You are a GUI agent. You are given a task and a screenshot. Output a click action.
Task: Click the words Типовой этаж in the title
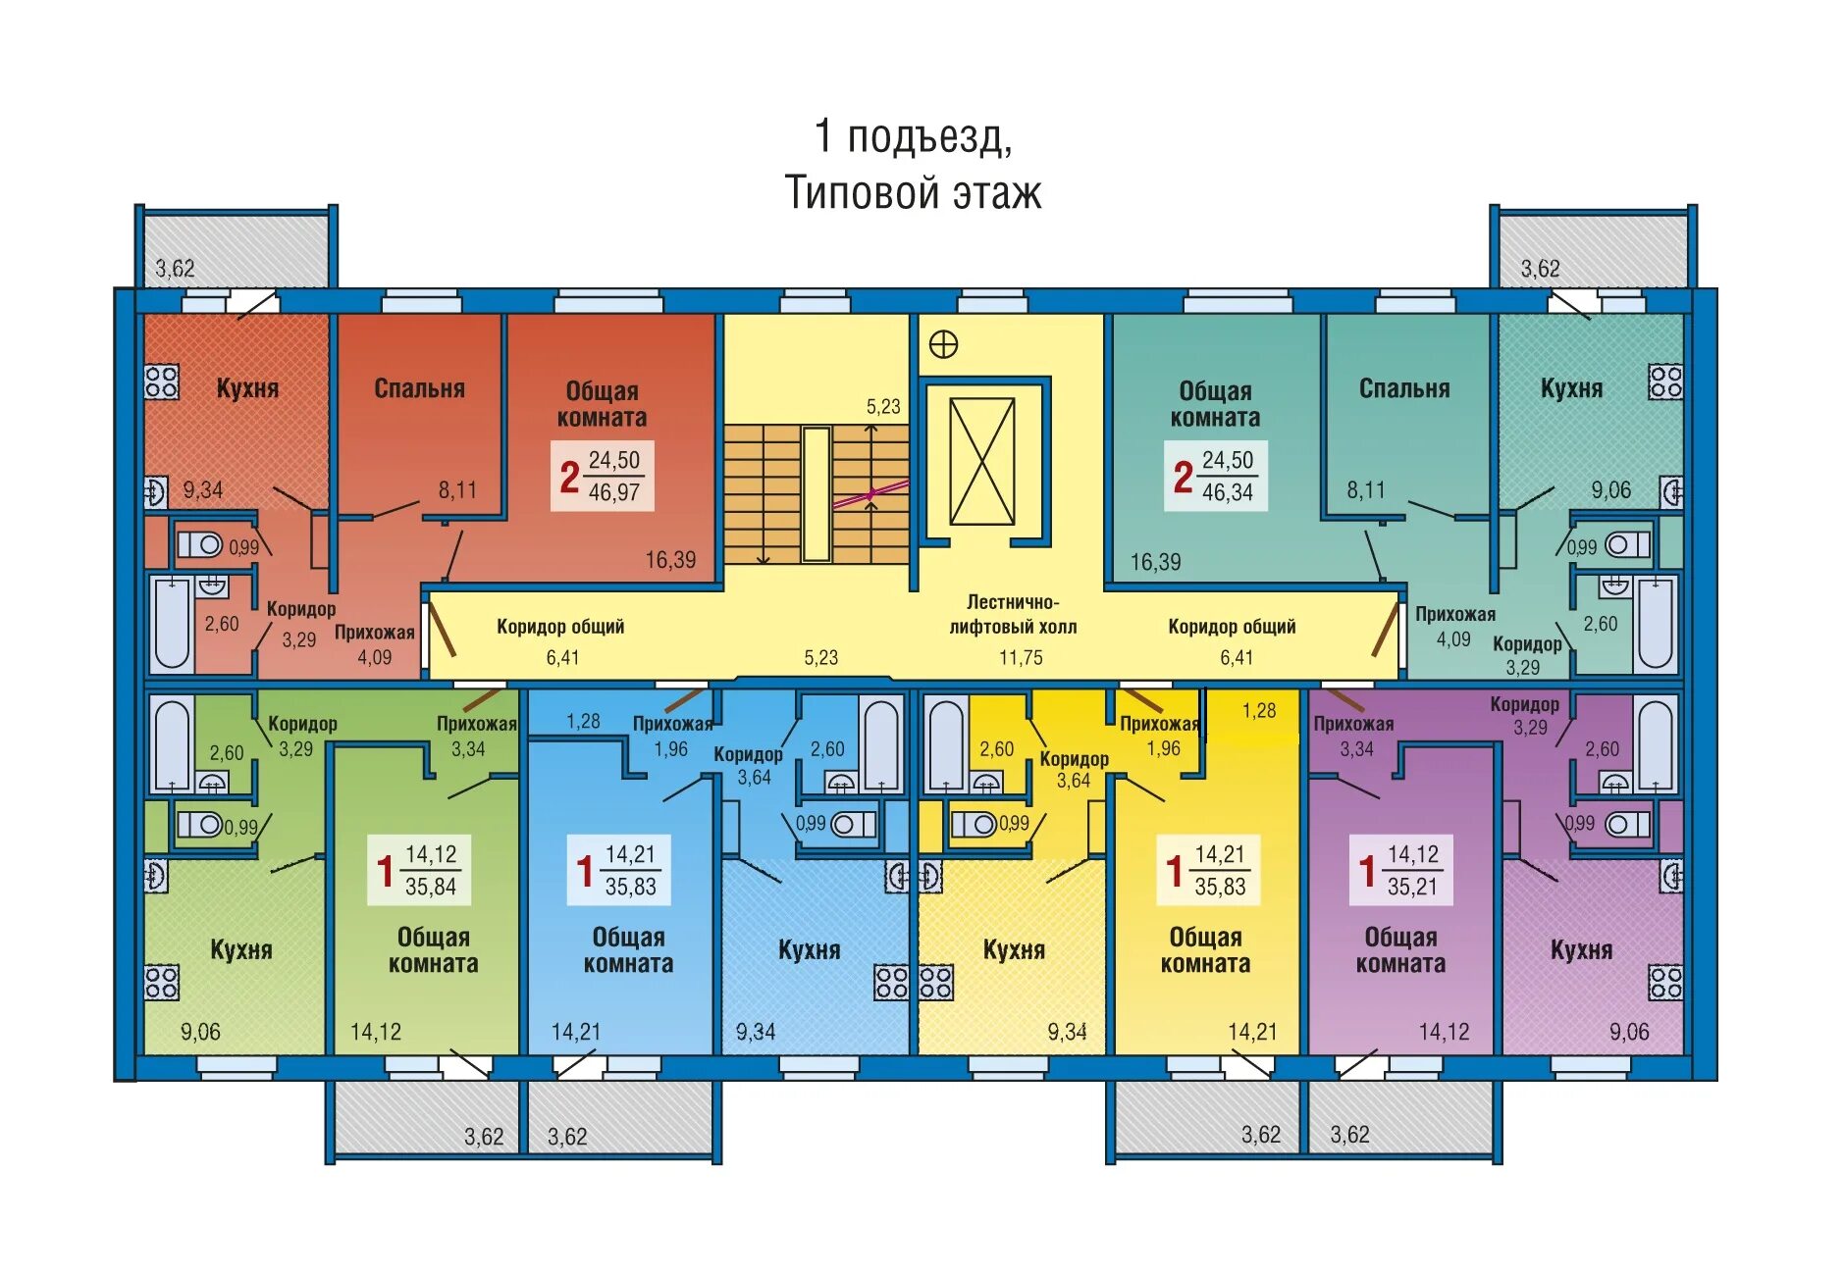tap(913, 192)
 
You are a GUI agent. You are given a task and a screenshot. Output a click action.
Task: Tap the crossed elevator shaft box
tap(981, 461)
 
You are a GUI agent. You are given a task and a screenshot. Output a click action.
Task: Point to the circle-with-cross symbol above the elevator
tap(943, 345)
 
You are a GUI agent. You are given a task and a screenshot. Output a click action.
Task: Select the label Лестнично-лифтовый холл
tap(1013, 614)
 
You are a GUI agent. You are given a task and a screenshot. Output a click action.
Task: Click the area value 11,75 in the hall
tap(1021, 658)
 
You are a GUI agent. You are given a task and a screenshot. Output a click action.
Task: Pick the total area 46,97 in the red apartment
tap(614, 492)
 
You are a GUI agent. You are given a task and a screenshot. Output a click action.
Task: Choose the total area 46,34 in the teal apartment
tap(1228, 492)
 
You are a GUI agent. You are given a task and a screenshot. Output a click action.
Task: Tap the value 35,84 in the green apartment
tap(431, 887)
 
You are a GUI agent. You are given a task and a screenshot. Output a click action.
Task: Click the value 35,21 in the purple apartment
tap(1412, 887)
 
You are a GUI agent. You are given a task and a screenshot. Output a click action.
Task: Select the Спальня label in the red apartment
tap(419, 388)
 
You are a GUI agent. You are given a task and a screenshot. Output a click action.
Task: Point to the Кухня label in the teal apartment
tap(1571, 388)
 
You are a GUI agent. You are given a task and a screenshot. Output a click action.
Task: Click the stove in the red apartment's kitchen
tap(161, 382)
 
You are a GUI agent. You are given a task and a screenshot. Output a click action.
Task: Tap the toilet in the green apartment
tap(200, 825)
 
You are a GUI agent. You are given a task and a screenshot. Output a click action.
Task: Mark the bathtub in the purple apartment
tap(1655, 742)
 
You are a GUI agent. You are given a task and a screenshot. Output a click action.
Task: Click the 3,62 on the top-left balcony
tap(175, 269)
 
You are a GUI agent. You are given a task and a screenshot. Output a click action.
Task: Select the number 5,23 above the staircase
tap(883, 406)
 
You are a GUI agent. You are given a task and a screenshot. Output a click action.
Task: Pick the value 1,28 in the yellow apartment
tap(1259, 710)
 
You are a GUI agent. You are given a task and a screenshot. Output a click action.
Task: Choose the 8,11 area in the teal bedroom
tap(1366, 489)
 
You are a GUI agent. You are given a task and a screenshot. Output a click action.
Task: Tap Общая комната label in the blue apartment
tap(628, 950)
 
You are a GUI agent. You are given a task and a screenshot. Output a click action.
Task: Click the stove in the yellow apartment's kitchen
tap(935, 982)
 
